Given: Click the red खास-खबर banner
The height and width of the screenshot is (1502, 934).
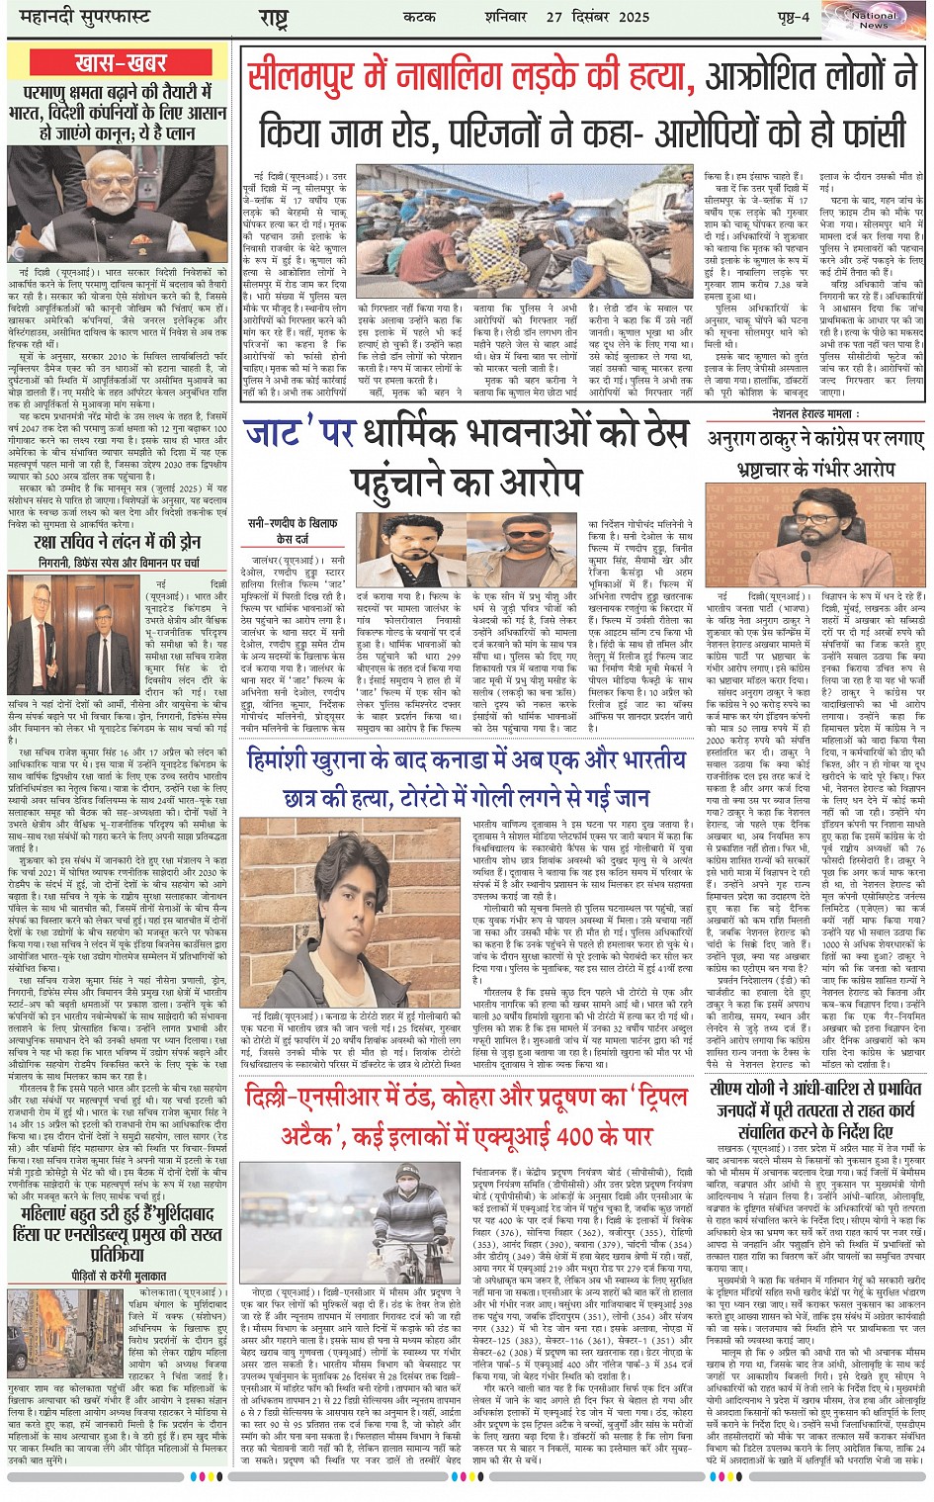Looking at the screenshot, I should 120,64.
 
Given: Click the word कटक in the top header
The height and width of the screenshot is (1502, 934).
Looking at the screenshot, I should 418,17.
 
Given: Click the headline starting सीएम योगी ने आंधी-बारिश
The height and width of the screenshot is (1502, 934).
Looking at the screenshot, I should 815,1108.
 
